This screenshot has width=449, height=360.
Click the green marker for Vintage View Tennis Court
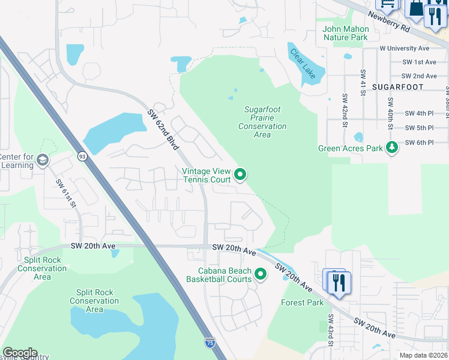(x=240, y=175)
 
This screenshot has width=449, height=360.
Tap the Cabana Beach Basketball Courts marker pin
(x=261, y=274)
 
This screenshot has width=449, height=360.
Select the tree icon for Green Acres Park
(x=392, y=147)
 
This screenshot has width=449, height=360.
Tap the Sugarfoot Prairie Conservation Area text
(x=262, y=122)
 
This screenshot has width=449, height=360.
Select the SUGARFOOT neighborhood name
(x=397, y=87)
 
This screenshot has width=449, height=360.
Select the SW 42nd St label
(x=345, y=110)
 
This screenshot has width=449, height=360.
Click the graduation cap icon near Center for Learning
(x=42, y=160)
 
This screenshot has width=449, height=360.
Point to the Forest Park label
(x=302, y=302)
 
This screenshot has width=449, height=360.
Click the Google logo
(x=19, y=353)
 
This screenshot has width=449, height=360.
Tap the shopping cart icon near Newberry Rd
(x=387, y=5)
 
